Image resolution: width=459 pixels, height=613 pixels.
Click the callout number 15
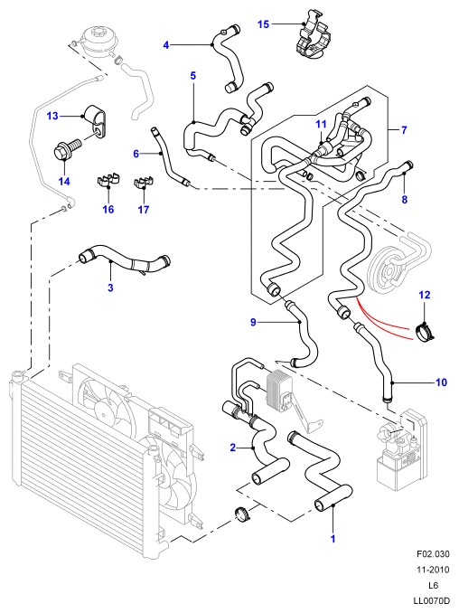pyautogui.click(x=263, y=24)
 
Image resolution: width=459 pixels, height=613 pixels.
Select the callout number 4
pyautogui.click(x=166, y=45)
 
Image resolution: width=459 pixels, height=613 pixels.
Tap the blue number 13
pyautogui.click(x=52, y=116)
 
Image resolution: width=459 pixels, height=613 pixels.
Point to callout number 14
pyautogui.click(x=64, y=182)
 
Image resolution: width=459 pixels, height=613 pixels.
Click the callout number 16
pyautogui.click(x=108, y=210)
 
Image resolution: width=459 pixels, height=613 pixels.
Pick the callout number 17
pyautogui.click(x=144, y=210)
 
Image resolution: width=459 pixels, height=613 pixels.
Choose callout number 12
pyautogui.click(x=425, y=295)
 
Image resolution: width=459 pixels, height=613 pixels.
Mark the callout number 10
pyautogui.click(x=441, y=382)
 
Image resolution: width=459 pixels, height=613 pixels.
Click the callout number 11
pyautogui.click(x=321, y=125)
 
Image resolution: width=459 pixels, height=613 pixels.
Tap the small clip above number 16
pyautogui.click(x=108, y=179)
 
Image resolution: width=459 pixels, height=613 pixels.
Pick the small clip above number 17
pyautogui.click(x=144, y=182)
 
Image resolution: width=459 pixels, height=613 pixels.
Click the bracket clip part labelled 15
pyautogui.click(x=312, y=36)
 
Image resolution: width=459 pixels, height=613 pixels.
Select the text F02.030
pyautogui.click(x=433, y=554)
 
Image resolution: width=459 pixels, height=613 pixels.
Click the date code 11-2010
pyautogui.click(x=433, y=570)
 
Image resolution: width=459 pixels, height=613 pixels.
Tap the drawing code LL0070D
pyautogui.click(x=431, y=600)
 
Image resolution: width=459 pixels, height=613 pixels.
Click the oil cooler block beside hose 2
pyautogui.click(x=279, y=390)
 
